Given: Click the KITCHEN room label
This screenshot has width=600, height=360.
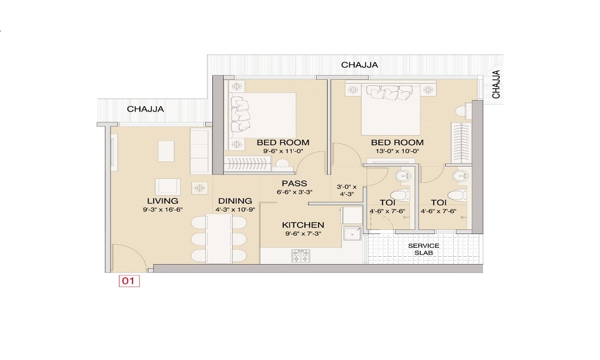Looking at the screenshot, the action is pos(303,225).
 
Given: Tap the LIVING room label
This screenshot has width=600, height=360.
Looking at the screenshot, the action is pos(163,201).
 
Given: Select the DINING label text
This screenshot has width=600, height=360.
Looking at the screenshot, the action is pos(235,201).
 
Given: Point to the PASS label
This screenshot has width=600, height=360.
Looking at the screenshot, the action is pos(294,183).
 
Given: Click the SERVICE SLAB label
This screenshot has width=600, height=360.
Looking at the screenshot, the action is pos(424,249).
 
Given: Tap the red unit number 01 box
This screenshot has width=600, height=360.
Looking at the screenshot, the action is pos(129,281).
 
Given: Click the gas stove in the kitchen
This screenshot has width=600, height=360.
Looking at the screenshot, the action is pos(301,256).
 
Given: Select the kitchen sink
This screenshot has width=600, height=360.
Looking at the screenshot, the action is pos(352,233).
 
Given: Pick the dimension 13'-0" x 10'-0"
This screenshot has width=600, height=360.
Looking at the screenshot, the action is pos(397,151).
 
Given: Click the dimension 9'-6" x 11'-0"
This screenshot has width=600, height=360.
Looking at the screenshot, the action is pos(283,151).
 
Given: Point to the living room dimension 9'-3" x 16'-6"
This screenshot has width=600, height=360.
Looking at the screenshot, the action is pos(163,209).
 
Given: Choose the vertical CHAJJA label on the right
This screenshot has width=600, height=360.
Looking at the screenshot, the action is pos(496,84).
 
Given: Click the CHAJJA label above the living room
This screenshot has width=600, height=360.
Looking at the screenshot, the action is pos(145,109).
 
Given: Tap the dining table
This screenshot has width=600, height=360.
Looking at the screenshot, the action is pos(218,239).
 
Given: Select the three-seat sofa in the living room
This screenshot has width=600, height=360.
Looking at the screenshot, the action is pos(200,151).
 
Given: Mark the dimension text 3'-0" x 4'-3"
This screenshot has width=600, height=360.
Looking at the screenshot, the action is pos(346,191).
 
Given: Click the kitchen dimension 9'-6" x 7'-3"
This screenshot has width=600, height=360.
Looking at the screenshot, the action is pos(303,234).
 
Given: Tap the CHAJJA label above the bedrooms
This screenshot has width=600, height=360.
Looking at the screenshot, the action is pos(359,65).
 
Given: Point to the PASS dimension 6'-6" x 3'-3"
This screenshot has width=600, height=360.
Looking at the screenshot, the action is pos(294,193).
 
